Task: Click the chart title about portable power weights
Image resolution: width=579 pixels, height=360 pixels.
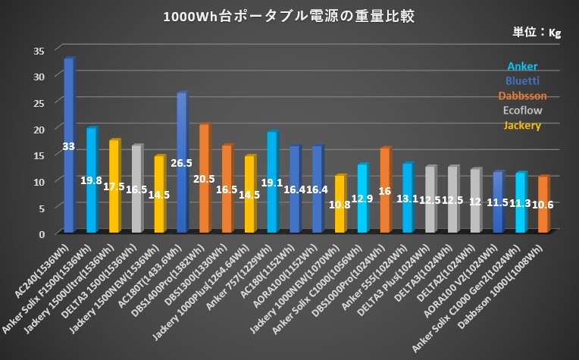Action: pos(289,17)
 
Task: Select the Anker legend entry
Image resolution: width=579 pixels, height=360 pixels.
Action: pos(523,66)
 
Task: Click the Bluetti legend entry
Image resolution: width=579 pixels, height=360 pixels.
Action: pos(523,80)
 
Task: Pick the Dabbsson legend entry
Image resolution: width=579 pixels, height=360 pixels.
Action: pos(523,95)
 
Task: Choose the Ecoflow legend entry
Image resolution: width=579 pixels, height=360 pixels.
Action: pos(523,110)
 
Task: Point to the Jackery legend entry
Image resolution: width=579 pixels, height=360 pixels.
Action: pos(523,124)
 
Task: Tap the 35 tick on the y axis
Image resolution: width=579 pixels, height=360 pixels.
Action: pos(39,50)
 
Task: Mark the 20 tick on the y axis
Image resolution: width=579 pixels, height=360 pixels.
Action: pos(39,129)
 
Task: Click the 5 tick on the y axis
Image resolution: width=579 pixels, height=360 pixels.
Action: pos(43,207)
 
